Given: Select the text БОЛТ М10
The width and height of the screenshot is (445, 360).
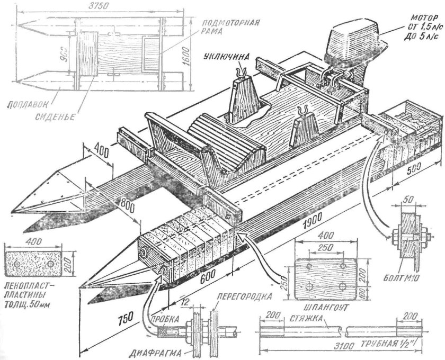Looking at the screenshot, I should click(403, 277).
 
